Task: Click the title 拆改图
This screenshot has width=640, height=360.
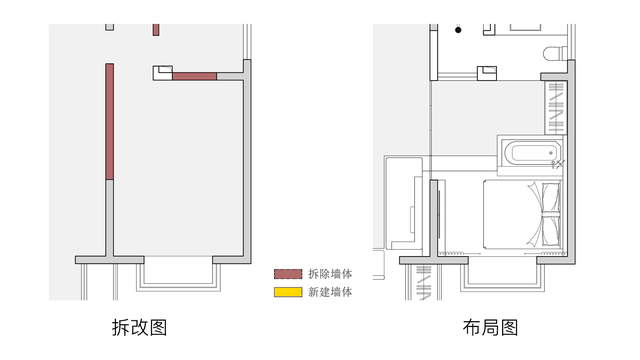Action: click(140, 327)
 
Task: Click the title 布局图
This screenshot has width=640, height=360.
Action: click(490, 327)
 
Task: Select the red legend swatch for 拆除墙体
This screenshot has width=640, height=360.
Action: click(288, 274)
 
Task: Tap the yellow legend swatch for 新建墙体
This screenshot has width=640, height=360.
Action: click(288, 292)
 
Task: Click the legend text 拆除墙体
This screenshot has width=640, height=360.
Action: click(330, 274)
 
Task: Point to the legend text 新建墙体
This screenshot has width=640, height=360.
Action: click(330, 292)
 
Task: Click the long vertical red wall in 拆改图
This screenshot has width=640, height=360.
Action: click(109, 122)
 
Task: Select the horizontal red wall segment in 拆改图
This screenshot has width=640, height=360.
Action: click(194, 76)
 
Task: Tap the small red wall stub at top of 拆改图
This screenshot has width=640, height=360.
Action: click(156, 30)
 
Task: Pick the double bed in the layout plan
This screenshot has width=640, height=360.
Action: click(522, 215)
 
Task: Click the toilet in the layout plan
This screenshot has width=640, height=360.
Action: click(555, 53)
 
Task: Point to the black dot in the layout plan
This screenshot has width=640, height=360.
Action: click(458, 30)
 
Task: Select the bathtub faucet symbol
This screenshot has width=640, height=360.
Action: click(558, 164)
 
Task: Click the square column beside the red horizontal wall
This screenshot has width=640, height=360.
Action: click(162, 73)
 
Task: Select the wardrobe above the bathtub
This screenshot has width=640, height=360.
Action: click(556, 108)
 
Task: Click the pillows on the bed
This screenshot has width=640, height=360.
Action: click(551, 215)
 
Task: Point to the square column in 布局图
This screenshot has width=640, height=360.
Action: click(487, 73)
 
